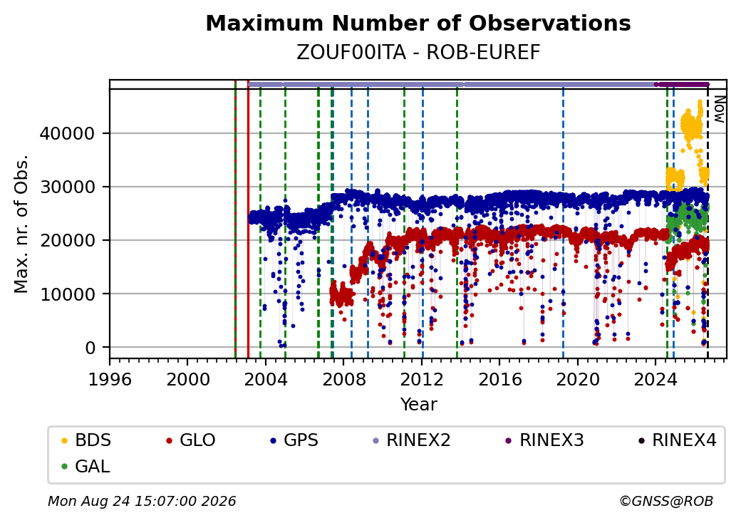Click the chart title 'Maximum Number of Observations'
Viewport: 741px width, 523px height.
pos(418,23)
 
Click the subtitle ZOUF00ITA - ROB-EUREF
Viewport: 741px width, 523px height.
pos(418,53)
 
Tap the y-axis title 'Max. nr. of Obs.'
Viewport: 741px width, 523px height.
pos(21,224)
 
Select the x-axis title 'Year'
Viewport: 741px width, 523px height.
pos(419,405)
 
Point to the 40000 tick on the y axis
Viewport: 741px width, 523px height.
pos(67,134)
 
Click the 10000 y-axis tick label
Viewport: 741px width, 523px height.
pos(67,294)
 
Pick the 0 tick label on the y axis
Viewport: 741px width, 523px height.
pos(90,348)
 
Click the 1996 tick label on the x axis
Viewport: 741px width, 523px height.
pos(110,379)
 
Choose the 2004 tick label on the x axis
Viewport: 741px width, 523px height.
pos(266,379)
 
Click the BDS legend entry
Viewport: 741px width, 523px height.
pos(86,440)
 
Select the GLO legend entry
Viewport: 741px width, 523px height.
pos(190,440)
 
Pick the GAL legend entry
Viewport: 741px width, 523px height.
pos(85,466)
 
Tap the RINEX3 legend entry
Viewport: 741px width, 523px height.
pos(544,440)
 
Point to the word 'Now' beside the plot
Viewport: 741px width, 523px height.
pos(719,109)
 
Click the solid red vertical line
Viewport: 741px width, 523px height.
pos(248,219)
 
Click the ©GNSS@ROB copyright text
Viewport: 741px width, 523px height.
pos(666,501)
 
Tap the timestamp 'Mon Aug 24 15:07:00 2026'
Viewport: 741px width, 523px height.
pos(142,501)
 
